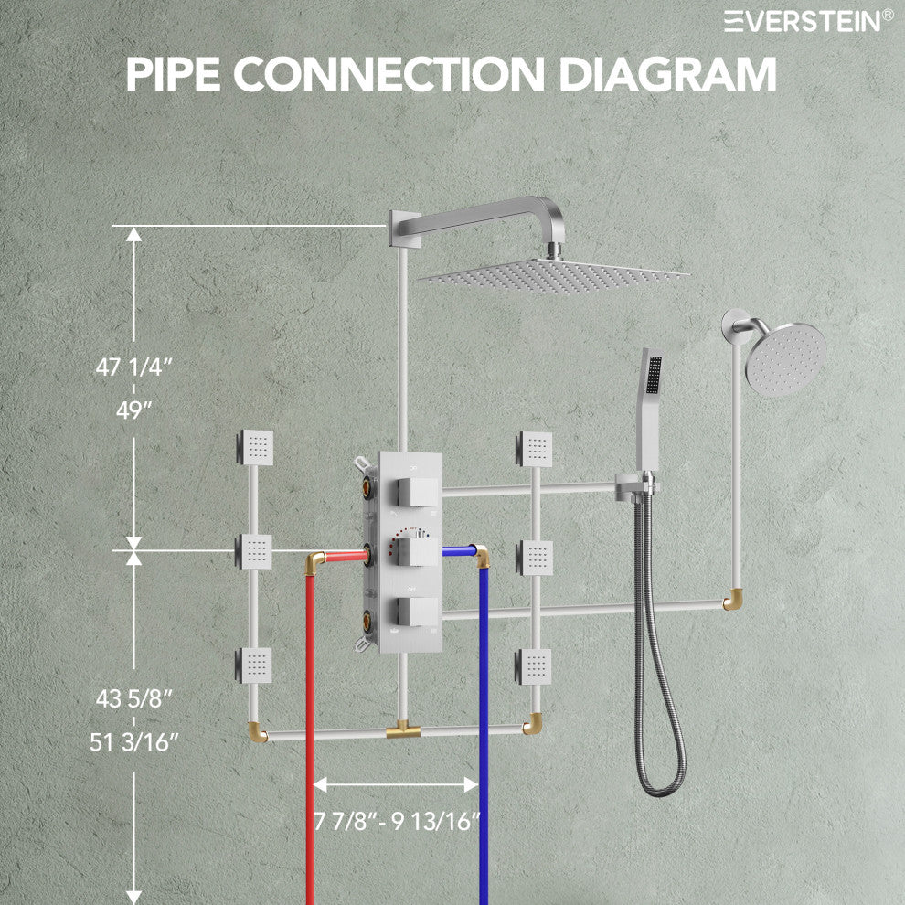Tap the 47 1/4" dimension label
click(133, 367)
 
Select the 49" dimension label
click(133, 410)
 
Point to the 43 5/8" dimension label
click(133, 699)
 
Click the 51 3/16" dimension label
click(133, 742)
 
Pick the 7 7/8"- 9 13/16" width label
click(397, 821)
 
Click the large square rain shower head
click(554, 275)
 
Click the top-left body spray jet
click(254, 447)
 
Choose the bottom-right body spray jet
click(533, 666)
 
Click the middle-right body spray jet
click(534, 558)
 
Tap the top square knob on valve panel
click(417, 493)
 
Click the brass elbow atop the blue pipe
click(482, 557)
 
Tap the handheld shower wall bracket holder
click(635, 486)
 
